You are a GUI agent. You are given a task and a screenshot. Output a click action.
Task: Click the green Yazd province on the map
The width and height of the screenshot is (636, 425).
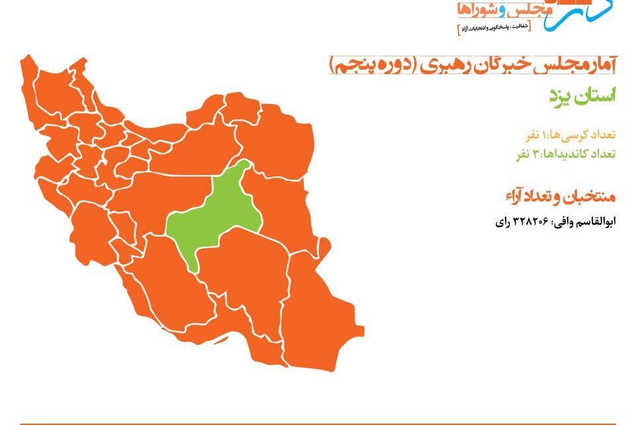tap(215, 215)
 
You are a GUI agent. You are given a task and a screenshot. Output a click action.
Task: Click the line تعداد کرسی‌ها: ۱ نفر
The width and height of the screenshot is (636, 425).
tap(570, 135)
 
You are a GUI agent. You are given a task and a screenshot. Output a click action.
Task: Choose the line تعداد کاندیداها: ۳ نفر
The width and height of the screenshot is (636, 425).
tap(566, 154)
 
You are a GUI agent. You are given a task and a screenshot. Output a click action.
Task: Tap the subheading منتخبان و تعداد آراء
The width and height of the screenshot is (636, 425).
tap(561, 197)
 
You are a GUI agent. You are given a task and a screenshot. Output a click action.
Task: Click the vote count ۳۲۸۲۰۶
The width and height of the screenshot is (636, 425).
tap(531, 221)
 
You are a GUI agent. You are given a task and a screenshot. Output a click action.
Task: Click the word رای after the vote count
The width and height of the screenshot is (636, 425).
tap(503, 222)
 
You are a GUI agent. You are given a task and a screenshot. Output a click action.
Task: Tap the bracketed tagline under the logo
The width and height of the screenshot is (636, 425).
tap(494, 29)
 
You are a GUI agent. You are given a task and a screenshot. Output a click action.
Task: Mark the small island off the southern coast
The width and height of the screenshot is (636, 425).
tap(220, 339)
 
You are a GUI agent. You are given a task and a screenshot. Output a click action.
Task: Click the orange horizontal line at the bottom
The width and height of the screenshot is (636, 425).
tap(318, 424)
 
